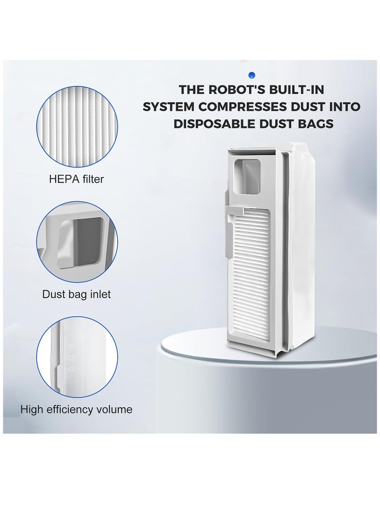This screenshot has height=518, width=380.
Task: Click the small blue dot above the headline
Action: coord(252,75)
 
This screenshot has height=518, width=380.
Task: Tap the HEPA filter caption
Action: coord(76,179)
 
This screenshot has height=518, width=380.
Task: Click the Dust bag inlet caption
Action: coord(76,294)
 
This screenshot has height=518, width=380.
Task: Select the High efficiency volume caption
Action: coord(76,409)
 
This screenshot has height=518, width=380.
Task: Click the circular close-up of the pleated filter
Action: coord(77,128)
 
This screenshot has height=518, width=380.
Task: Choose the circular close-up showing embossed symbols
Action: coord(77,358)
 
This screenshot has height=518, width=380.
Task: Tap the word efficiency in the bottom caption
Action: coord(69,410)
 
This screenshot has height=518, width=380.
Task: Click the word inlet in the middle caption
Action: coord(100,294)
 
